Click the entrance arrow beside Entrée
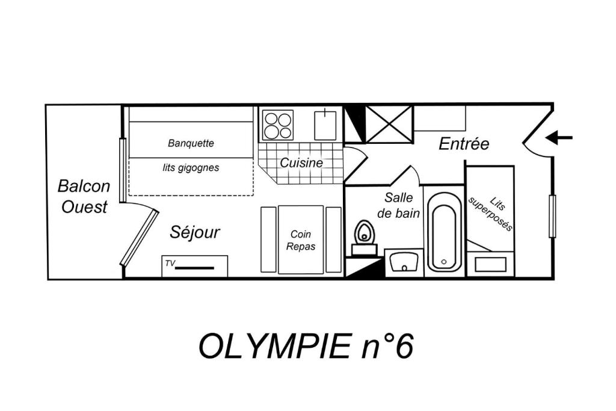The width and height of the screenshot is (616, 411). pyautogui.click(x=559, y=138)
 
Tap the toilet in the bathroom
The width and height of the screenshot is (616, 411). pyautogui.click(x=364, y=237)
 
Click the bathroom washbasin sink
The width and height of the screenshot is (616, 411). pyautogui.click(x=404, y=262)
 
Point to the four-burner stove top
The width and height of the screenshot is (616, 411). pyautogui.click(x=278, y=125)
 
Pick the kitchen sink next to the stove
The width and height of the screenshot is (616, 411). pyautogui.click(x=325, y=125)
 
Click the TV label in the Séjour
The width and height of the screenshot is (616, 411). pyautogui.click(x=170, y=263)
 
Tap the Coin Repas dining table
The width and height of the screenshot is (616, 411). pyautogui.click(x=301, y=239)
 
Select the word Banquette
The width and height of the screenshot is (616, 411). pyautogui.click(x=191, y=143)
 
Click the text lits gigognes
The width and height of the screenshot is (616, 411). pyautogui.click(x=191, y=168)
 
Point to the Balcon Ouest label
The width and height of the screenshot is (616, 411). pyautogui.click(x=84, y=196)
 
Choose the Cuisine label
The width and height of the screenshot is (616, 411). pyautogui.click(x=301, y=162)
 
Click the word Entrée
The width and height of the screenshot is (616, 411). pyautogui.click(x=464, y=144)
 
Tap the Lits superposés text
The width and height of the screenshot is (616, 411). pyautogui.click(x=491, y=214)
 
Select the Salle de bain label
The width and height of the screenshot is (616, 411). pyautogui.click(x=398, y=205)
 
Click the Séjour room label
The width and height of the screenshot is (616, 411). pyautogui.click(x=195, y=232)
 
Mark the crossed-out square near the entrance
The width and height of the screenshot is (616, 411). pyautogui.click(x=389, y=124)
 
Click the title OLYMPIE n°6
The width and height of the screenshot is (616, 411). pyautogui.click(x=306, y=346)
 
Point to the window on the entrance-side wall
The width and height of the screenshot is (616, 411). pyautogui.click(x=552, y=215)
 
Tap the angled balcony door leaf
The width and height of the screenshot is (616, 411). pyautogui.click(x=140, y=237)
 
